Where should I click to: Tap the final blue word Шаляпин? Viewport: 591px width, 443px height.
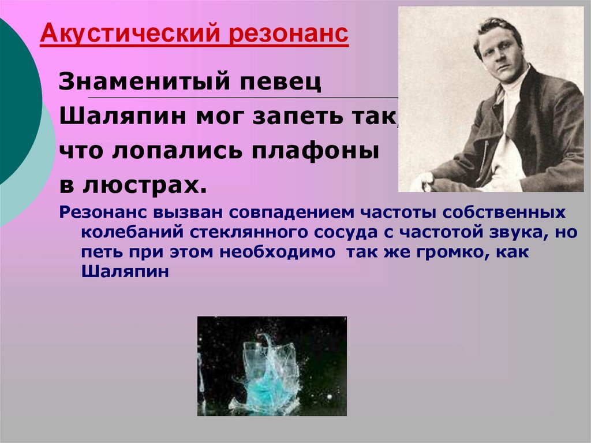[125, 272]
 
